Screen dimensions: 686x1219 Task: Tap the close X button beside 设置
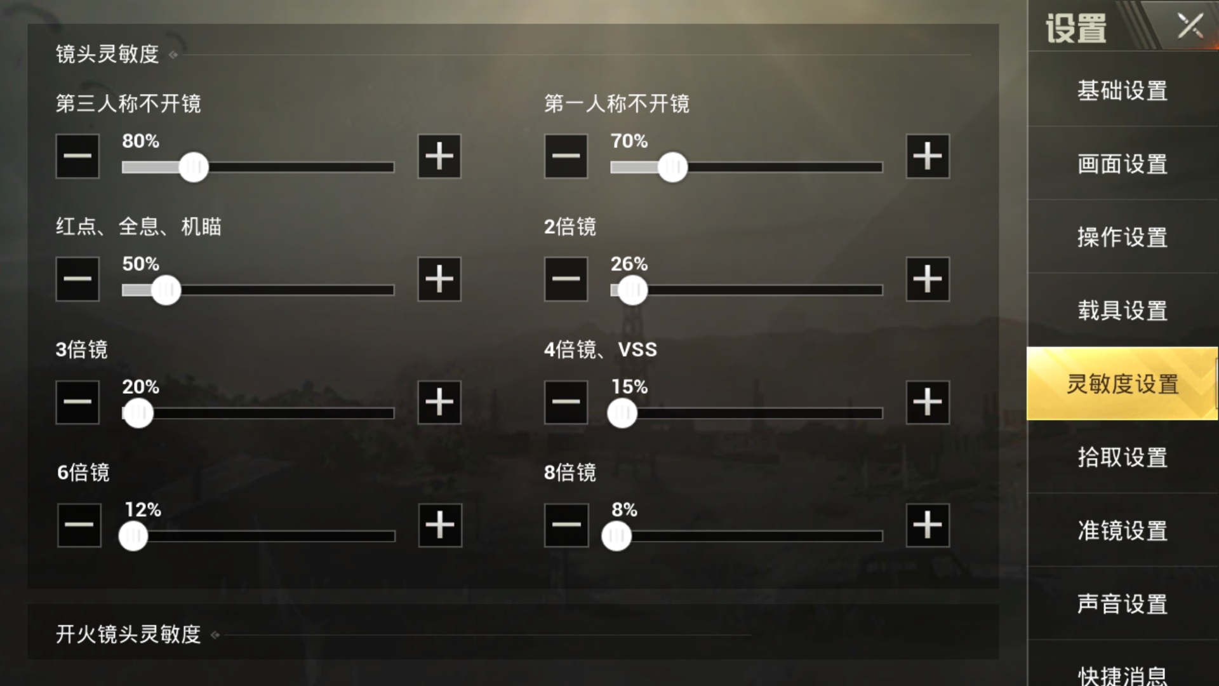tap(1190, 27)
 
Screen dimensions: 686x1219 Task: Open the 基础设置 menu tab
tap(1122, 90)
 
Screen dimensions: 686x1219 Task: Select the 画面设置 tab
tap(1122, 164)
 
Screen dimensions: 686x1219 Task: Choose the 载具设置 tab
tap(1122, 311)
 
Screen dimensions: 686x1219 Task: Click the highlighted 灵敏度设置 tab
tap(1122, 384)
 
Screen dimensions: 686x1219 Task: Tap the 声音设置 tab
tap(1122, 603)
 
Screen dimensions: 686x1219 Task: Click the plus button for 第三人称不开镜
tap(439, 156)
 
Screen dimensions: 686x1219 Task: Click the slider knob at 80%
tap(194, 167)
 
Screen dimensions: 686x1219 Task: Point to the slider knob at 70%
tap(672, 167)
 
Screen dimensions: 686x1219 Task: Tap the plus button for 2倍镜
tap(927, 279)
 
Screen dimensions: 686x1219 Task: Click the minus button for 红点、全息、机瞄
tap(77, 279)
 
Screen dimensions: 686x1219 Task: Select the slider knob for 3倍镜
tap(138, 414)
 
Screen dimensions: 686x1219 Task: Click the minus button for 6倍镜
tap(79, 525)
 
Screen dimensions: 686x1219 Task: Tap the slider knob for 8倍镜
tap(616, 536)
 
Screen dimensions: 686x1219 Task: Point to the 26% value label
tap(629, 264)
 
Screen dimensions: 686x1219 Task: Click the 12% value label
tap(143, 509)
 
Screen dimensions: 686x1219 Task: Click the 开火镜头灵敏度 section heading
tap(128, 634)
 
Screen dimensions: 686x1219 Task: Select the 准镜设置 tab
tap(1122, 530)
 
